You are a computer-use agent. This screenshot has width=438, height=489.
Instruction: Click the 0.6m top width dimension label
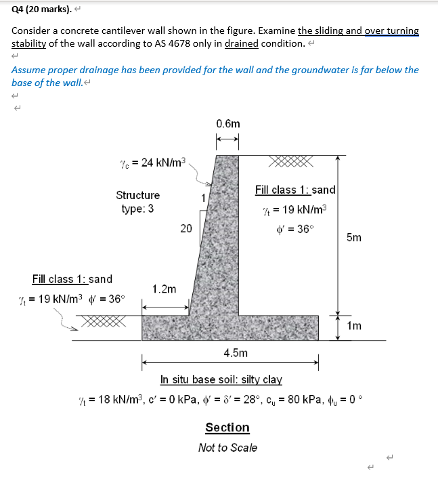click(227, 124)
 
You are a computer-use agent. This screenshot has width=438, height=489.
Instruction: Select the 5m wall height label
click(353, 238)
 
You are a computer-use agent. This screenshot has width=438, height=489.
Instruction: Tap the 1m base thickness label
click(353, 326)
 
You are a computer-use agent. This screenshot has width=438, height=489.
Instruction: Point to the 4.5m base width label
click(235, 353)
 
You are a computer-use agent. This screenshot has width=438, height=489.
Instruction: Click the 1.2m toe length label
click(165, 289)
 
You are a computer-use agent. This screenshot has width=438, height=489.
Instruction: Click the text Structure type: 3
click(138, 202)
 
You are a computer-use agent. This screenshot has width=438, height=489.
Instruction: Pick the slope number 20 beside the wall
click(186, 228)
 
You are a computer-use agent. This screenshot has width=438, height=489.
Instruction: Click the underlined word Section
click(227, 427)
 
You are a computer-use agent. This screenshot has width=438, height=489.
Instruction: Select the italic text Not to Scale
click(227, 448)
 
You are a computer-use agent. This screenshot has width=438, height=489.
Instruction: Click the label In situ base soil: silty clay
click(221, 379)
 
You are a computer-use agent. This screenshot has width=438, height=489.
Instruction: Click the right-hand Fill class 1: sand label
click(295, 190)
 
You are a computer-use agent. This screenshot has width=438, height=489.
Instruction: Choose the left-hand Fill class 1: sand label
click(72, 279)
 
